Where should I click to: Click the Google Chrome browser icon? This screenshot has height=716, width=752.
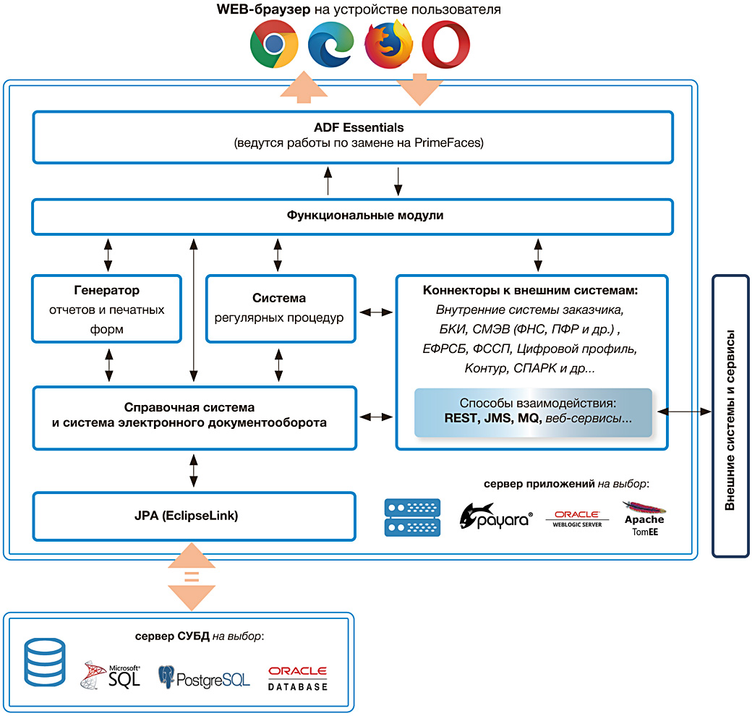point(274,44)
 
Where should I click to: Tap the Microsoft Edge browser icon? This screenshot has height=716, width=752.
point(331,44)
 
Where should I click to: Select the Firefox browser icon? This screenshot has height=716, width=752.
point(388,44)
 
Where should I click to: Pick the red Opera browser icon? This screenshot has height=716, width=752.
point(445,44)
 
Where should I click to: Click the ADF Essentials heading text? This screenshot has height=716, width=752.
point(359,127)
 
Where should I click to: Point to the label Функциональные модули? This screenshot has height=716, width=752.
point(365,216)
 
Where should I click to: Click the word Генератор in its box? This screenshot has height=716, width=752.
point(106,290)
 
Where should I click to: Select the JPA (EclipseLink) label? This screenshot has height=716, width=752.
point(186,516)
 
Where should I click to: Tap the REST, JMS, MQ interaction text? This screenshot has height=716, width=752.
point(493,418)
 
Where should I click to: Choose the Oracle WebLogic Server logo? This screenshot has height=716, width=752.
point(578,519)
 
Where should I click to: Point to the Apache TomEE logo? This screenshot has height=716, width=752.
point(644,519)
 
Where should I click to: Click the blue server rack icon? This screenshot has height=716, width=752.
point(412,517)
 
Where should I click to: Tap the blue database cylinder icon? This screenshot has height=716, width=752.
point(45,662)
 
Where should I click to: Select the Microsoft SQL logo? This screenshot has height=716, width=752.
point(111,675)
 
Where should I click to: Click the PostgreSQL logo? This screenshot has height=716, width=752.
point(205,677)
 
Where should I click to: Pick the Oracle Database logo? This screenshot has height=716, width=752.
point(298,678)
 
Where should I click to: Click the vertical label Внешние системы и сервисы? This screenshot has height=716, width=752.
point(730,420)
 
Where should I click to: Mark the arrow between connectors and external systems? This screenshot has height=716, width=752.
point(684,412)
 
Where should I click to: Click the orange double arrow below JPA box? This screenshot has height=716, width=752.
point(192,576)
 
